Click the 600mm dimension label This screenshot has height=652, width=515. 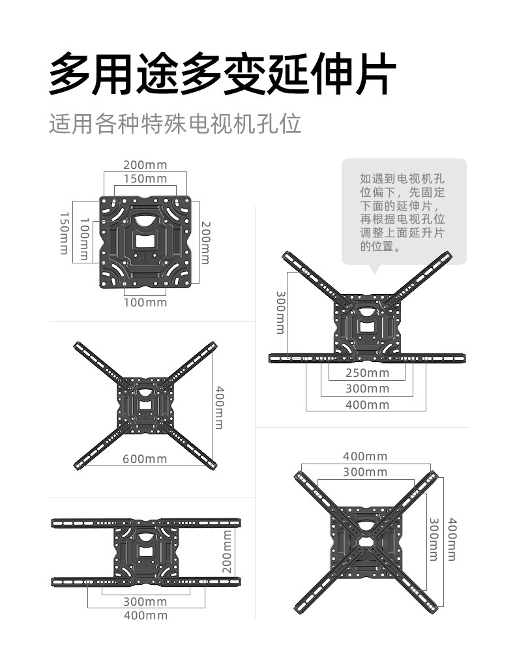145,458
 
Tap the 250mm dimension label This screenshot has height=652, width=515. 367,373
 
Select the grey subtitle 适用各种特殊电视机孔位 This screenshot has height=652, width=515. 175,123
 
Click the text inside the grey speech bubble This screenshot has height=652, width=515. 404,213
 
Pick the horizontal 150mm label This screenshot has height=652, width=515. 145,179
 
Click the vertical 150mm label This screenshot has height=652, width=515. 65,233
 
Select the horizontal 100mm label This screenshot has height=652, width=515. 145,302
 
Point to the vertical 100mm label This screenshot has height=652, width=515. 83,239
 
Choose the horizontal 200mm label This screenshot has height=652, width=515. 145,164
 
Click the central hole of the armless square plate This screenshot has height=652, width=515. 145,239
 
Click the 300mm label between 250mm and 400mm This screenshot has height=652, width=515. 367,389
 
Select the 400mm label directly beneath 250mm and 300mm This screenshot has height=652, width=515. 367,405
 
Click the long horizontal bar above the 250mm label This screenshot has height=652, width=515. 367,357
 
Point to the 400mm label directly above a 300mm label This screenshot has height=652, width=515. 365,456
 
